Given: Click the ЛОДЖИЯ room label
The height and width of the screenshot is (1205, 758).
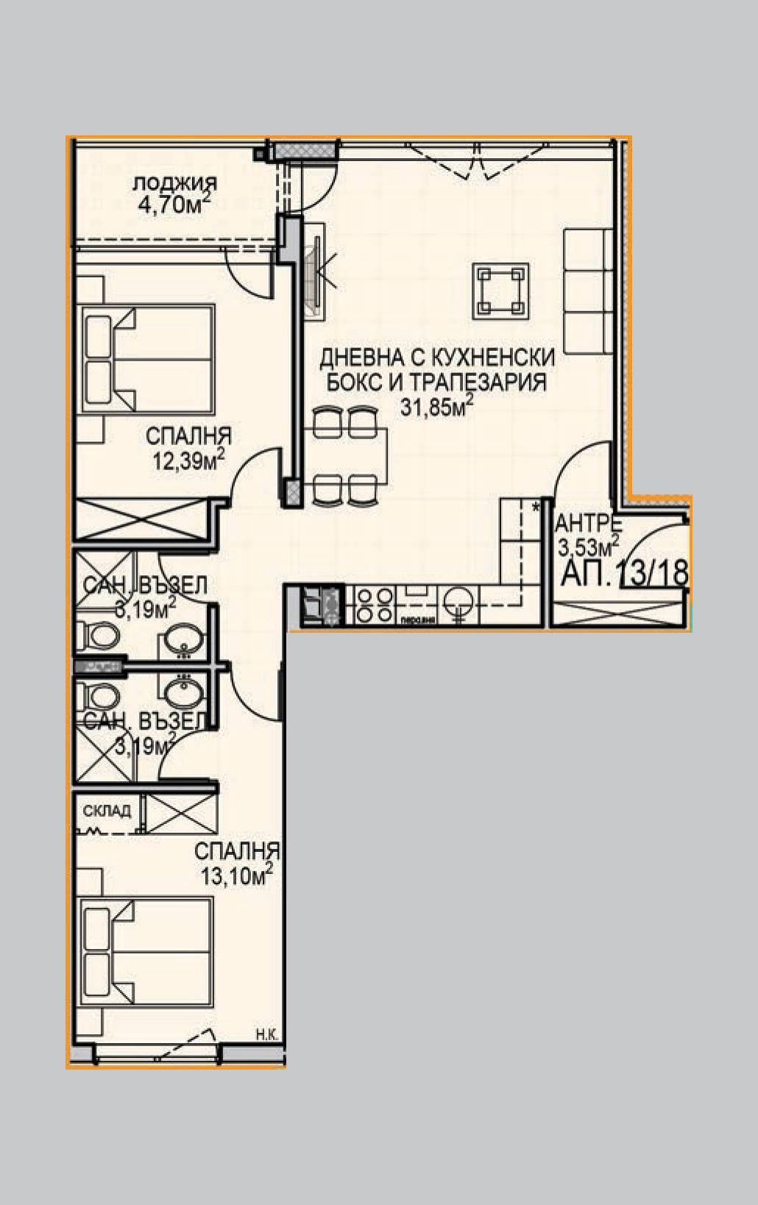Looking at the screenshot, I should [x=174, y=183].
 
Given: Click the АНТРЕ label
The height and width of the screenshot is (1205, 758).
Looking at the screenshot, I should [x=589, y=524].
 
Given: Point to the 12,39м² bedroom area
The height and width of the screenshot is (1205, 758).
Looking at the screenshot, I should [x=188, y=461].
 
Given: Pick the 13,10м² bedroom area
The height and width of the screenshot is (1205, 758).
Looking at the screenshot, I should [x=236, y=875].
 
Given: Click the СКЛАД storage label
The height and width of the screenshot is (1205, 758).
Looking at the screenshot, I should [x=107, y=811].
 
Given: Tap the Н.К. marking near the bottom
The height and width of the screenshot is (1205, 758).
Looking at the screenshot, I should [x=266, y=1035].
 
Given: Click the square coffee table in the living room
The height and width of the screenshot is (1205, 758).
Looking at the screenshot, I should [x=501, y=291].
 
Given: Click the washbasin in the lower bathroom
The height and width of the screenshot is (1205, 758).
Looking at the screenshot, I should [x=180, y=692].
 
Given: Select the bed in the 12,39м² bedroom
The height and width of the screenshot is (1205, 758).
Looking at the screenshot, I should [x=147, y=359].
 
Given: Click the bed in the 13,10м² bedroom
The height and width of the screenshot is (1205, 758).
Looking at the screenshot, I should [x=147, y=953].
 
